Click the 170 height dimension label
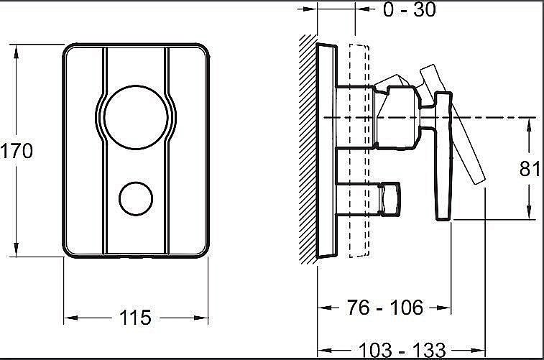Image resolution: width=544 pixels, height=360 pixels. pyautogui.click(x=17, y=152)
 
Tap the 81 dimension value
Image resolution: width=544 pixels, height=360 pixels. pyautogui.click(x=530, y=169)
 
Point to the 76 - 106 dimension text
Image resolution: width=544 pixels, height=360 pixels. pyautogui.click(x=384, y=308)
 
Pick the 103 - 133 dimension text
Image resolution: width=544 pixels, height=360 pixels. pyautogui.click(x=402, y=350)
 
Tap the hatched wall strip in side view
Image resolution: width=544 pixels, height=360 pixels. pyautogui.click(x=308, y=151)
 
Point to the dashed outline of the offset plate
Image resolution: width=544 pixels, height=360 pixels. pyautogui.click(x=357, y=151)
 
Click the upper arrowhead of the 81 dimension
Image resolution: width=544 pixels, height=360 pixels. pyautogui.click(x=529, y=124)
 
